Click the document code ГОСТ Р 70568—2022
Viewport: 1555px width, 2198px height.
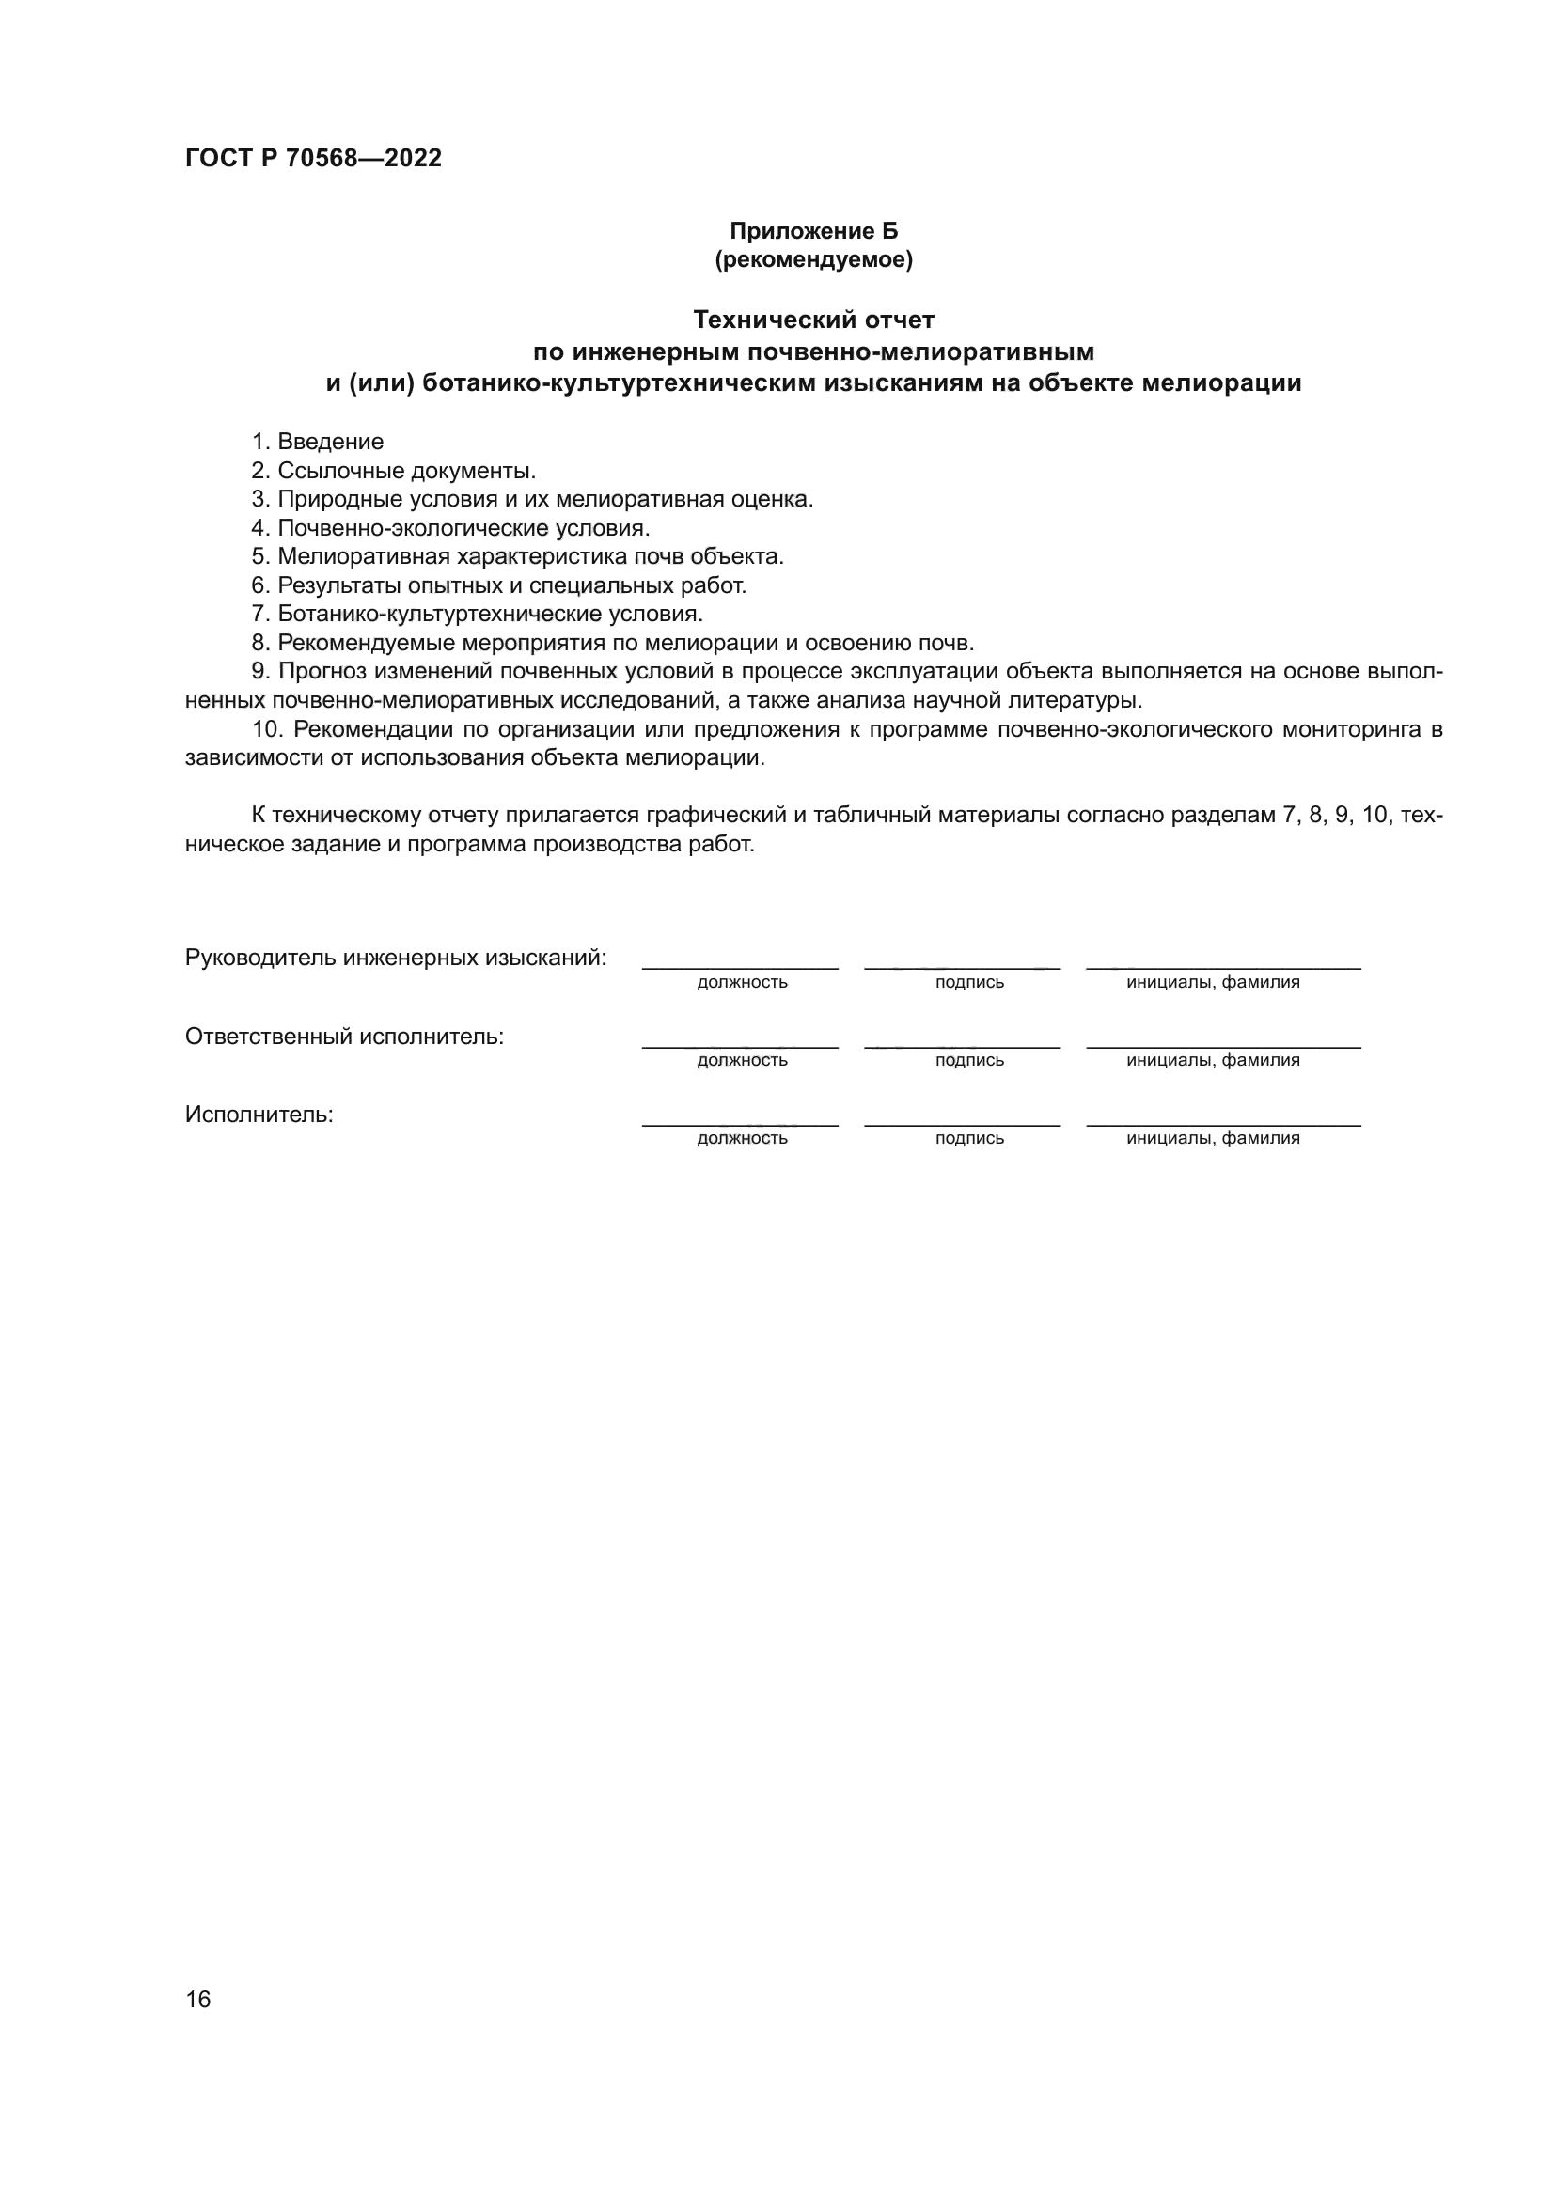pyautogui.click(x=313, y=159)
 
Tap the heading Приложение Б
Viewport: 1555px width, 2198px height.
pyautogui.click(x=814, y=231)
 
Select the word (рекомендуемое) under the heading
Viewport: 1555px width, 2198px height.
pyautogui.click(x=814, y=259)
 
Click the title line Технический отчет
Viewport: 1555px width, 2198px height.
pyautogui.click(x=814, y=320)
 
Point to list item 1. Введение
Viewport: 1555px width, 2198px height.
pyautogui.click(x=318, y=442)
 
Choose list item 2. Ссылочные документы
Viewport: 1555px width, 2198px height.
pyautogui.click(x=394, y=470)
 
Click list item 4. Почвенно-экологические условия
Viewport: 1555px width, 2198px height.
pyautogui.click(x=451, y=527)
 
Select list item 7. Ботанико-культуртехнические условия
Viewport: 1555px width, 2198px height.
pyautogui.click(x=477, y=614)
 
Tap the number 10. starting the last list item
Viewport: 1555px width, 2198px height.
pyautogui.click(x=268, y=729)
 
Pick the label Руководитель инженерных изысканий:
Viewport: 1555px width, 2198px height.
pyautogui.click(x=396, y=958)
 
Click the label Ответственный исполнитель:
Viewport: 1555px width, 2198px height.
pyautogui.click(x=344, y=1037)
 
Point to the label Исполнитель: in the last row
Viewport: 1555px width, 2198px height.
pyautogui.click(x=259, y=1115)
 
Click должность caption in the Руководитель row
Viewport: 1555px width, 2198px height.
pyautogui.click(x=742, y=982)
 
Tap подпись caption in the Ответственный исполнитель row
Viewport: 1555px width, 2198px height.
pyautogui.click(x=969, y=1061)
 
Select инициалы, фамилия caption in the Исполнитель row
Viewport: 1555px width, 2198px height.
pyautogui.click(x=1213, y=1138)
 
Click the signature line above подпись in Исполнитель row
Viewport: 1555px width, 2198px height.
pyautogui.click(x=962, y=1124)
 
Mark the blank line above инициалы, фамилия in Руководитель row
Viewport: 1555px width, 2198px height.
pyautogui.click(x=1223, y=968)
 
